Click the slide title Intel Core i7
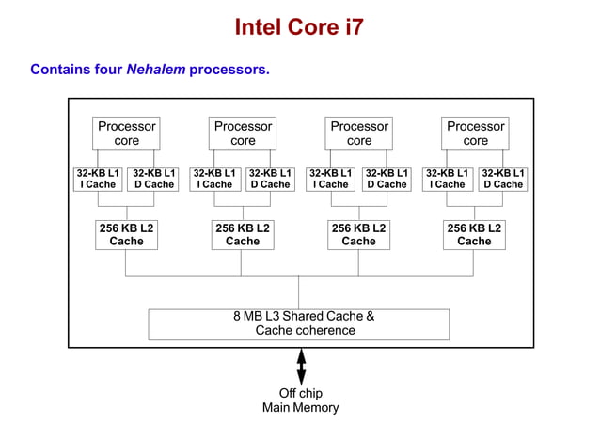pos(299,27)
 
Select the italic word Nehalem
pos(156,70)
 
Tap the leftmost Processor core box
pos(127,133)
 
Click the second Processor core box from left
pos(243,133)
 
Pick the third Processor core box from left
pos(359,133)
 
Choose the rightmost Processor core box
pos(475,133)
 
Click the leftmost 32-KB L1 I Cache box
pos(98,179)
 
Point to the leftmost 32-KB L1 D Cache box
pos(154,179)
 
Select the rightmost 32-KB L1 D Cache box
pos(503,179)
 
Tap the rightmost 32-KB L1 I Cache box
pos(447,179)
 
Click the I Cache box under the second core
pos(214,179)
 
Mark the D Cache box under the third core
pos(387,179)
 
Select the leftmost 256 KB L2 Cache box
pos(126,234)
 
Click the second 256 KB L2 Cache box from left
pos(243,234)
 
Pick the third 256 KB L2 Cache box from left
pos(358,234)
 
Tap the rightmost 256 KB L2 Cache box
pos(474,234)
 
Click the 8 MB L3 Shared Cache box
pos(299,323)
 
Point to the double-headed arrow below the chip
pos(301,365)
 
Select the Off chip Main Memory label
pos(300,400)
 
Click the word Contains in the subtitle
pos(58,70)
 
